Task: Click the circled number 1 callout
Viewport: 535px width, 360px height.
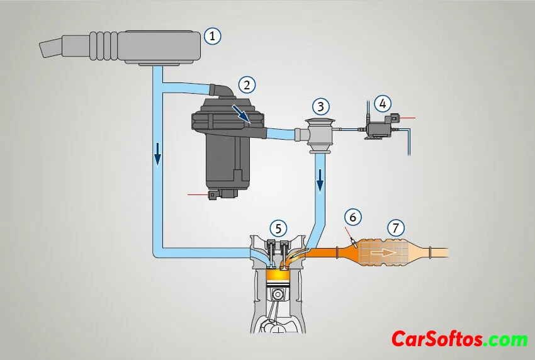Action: pyautogui.click(x=213, y=36)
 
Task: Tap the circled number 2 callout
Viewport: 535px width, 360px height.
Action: pyautogui.click(x=247, y=84)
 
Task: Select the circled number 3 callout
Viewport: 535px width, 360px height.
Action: pyautogui.click(x=320, y=106)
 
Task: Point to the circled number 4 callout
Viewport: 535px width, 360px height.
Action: pyautogui.click(x=383, y=104)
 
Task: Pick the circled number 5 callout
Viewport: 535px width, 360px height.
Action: pyautogui.click(x=278, y=228)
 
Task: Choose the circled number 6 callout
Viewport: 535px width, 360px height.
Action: pyautogui.click(x=353, y=217)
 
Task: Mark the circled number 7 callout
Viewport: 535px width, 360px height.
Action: pyautogui.click(x=396, y=227)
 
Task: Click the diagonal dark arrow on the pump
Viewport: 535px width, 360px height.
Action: pyautogui.click(x=242, y=114)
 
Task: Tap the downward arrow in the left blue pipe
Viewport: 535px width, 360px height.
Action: pyautogui.click(x=157, y=154)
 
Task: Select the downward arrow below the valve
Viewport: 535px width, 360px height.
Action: pyautogui.click(x=320, y=181)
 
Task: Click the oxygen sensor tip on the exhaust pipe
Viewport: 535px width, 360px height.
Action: pyautogui.click(x=354, y=244)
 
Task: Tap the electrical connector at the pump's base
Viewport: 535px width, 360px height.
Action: pyautogui.click(x=212, y=195)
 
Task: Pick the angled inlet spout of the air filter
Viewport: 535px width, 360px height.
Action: pyautogui.click(x=51, y=48)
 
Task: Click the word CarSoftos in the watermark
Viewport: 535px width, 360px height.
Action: pyautogui.click(x=437, y=339)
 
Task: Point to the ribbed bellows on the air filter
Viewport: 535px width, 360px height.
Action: pyautogui.click(x=104, y=46)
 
